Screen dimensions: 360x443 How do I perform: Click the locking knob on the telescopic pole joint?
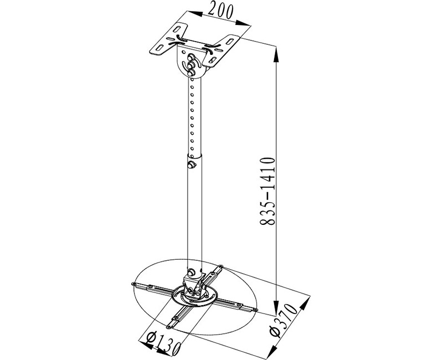click(x=192, y=165)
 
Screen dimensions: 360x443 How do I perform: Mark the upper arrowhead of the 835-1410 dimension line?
click(x=276, y=47)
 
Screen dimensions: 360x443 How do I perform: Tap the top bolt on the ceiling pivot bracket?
click(x=192, y=56)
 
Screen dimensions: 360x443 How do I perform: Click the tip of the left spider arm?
click(x=135, y=285)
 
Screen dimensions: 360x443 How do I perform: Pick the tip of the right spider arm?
click(x=254, y=308)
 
